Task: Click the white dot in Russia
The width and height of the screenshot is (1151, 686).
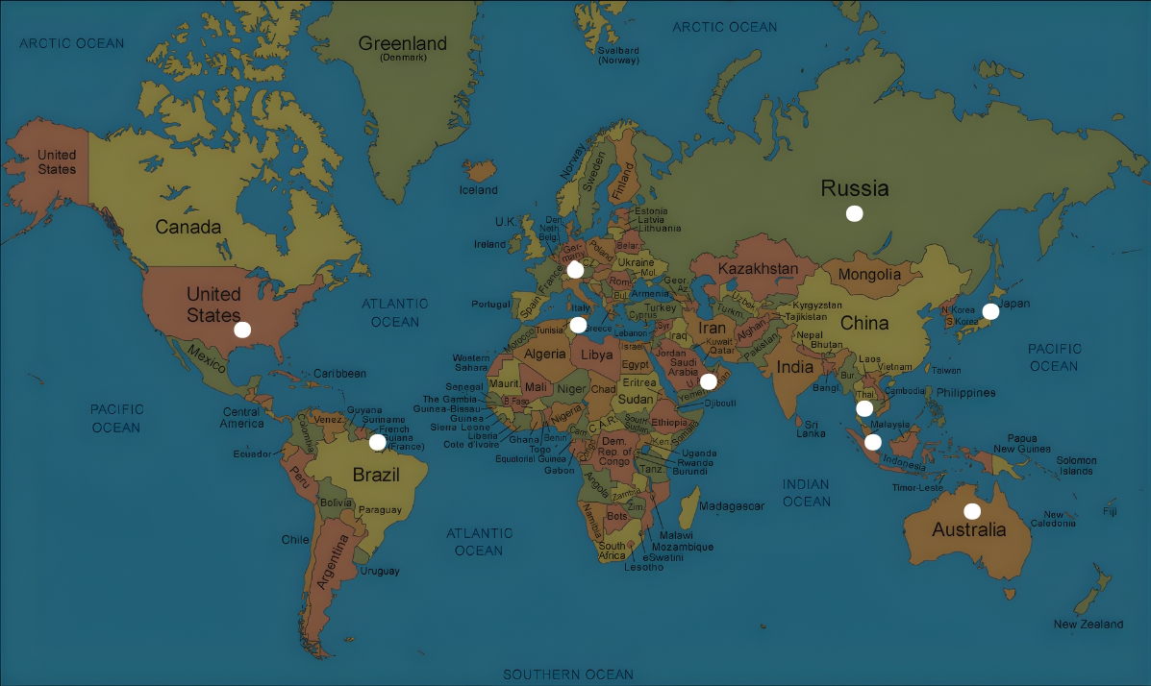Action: [854, 213]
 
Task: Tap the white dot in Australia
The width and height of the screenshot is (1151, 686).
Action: [972, 511]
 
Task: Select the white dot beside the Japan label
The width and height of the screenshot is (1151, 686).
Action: [990, 311]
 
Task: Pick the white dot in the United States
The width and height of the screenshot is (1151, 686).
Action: [242, 330]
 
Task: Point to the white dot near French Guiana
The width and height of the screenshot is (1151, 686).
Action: [378, 442]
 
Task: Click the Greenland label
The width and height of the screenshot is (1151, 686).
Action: [403, 44]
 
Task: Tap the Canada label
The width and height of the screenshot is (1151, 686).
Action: [188, 228]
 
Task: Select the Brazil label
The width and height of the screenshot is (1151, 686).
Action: [376, 474]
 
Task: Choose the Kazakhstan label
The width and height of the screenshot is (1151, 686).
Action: [758, 268]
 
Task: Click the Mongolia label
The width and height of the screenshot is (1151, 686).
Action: [869, 275]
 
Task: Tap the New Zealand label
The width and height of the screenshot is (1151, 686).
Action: [1088, 625]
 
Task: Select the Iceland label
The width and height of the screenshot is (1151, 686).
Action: [479, 190]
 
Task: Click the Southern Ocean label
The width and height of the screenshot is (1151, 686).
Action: [568, 674]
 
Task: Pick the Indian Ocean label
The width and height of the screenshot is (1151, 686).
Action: [806, 493]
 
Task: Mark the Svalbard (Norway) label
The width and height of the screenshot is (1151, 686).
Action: [618, 55]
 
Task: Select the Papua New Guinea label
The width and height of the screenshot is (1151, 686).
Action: [1020, 443]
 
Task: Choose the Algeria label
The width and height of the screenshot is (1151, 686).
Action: [545, 354]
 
